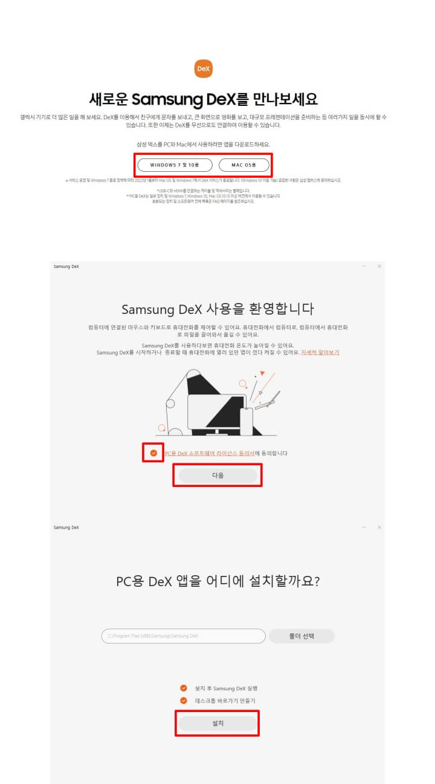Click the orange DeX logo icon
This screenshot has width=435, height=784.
(x=204, y=69)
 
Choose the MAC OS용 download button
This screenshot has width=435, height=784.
(x=244, y=165)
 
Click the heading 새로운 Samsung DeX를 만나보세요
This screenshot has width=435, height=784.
(x=204, y=99)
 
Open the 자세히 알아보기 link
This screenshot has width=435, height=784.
(x=320, y=352)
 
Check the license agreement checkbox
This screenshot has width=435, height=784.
(x=153, y=452)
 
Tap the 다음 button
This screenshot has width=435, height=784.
(x=218, y=475)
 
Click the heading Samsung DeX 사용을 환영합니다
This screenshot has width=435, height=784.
(x=217, y=309)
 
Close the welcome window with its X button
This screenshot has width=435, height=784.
(x=379, y=266)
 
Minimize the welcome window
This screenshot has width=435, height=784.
(x=364, y=266)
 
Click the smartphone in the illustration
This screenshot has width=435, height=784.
(x=246, y=421)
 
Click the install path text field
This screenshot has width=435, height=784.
(x=183, y=636)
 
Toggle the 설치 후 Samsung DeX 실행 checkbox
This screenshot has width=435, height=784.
(x=184, y=688)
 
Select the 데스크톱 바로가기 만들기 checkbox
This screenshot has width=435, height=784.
(x=184, y=701)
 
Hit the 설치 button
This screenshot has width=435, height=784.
(x=217, y=724)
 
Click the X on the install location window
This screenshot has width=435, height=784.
(x=379, y=528)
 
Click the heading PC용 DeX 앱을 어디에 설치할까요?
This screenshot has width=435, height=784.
(x=217, y=581)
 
